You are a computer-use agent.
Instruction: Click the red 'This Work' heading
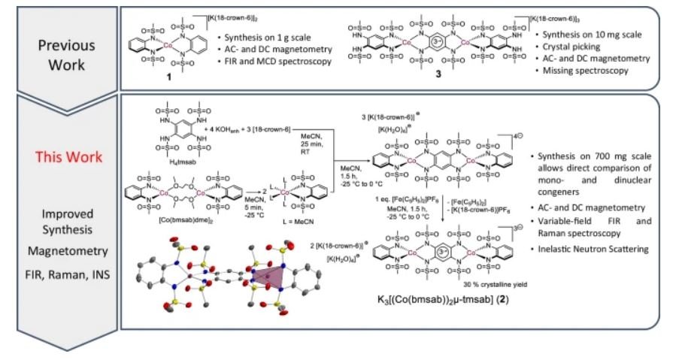point(62,159)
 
